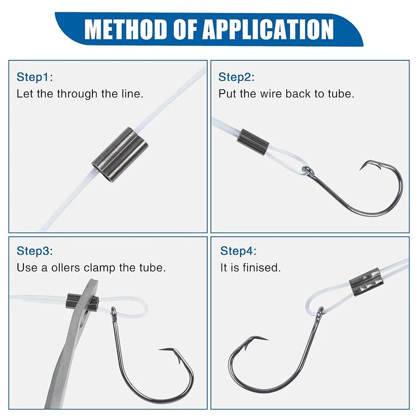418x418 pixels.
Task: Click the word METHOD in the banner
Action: (x=126, y=29)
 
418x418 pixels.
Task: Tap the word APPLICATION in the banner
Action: (x=268, y=29)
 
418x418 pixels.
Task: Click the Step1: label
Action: (x=35, y=77)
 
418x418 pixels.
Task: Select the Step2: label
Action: (x=237, y=77)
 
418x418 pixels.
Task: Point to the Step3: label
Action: (x=35, y=251)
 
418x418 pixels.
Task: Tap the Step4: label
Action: (x=238, y=251)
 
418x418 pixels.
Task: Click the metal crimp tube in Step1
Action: (x=120, y=155)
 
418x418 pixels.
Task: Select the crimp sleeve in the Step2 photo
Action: (x=253, y=142)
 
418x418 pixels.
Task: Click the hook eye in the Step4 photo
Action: (x=320, y=312)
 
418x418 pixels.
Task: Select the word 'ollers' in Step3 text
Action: (x=66, y=268)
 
